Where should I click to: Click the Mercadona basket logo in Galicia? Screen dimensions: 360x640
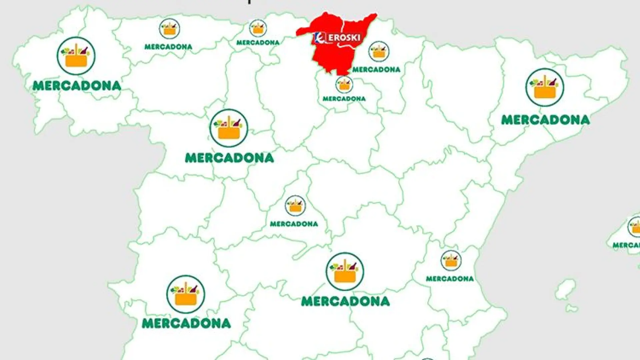click(76, 56)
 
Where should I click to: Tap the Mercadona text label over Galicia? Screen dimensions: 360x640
click(77, 86)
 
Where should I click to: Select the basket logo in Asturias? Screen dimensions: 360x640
click(169, 29)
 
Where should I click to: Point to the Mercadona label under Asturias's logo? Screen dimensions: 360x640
click(168, 47)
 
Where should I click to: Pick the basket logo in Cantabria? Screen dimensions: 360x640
click(258, 28)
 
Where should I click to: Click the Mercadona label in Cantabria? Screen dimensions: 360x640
click(258, 43)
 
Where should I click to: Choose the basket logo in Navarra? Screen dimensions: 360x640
click(379, 51)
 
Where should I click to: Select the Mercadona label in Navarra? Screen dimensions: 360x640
click(376, 70)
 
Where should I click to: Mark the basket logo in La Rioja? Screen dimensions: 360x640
click(344, 84)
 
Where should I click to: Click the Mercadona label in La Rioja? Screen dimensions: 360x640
click(344, 99)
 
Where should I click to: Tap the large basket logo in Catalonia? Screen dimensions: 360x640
click(545, 87)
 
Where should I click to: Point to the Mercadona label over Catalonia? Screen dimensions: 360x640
click(546, 120)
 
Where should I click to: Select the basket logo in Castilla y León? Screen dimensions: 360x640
click(229, 128)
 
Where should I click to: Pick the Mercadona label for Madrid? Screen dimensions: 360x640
click(294, 224)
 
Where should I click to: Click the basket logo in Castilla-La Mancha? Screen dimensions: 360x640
click(345, 271)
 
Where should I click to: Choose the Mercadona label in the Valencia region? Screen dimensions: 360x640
click(450, 279)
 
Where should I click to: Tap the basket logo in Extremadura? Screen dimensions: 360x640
click(186, 294)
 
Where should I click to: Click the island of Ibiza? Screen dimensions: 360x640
click(565, 289)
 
